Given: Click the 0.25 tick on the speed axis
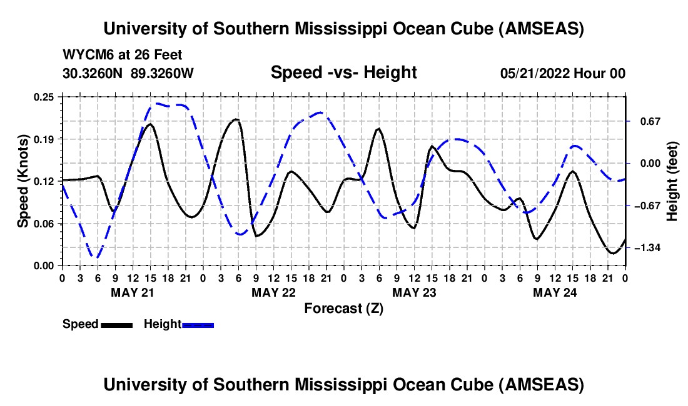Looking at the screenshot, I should click(46, 97).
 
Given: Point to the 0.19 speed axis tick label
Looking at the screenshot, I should click(46, 139).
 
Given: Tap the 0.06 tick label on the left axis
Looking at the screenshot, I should click(46, 224).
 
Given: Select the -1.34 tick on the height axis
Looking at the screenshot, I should click(645, 249).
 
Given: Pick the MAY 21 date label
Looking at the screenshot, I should click(132, 292).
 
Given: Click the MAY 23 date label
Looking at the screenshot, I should click(414, 292).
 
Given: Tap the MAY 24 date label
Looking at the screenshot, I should click(555, 292).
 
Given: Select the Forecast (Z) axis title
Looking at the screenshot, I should click(343, 308).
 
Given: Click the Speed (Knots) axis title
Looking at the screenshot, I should click(23, 181).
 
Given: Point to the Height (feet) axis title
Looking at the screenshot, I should click(672, 181).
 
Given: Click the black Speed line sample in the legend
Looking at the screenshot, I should click(116, 324).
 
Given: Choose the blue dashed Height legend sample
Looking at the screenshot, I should click(198, 324).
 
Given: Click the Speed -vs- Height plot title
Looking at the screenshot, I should click(343, 72).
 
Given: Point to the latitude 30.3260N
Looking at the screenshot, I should click(93, 73).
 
